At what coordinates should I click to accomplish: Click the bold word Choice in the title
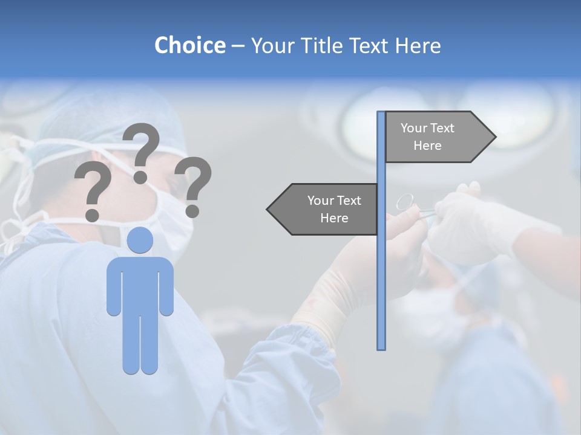point(189,45)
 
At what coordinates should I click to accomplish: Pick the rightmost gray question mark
point(194,186)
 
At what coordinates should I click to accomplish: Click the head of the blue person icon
point(140,240)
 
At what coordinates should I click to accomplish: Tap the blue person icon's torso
point(140,284)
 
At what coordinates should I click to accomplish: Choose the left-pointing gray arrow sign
point(324,209)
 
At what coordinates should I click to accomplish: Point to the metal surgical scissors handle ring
point(405,201)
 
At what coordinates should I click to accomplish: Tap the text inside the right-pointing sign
point(427,137)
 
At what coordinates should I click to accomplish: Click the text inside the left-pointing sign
point(334,209)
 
